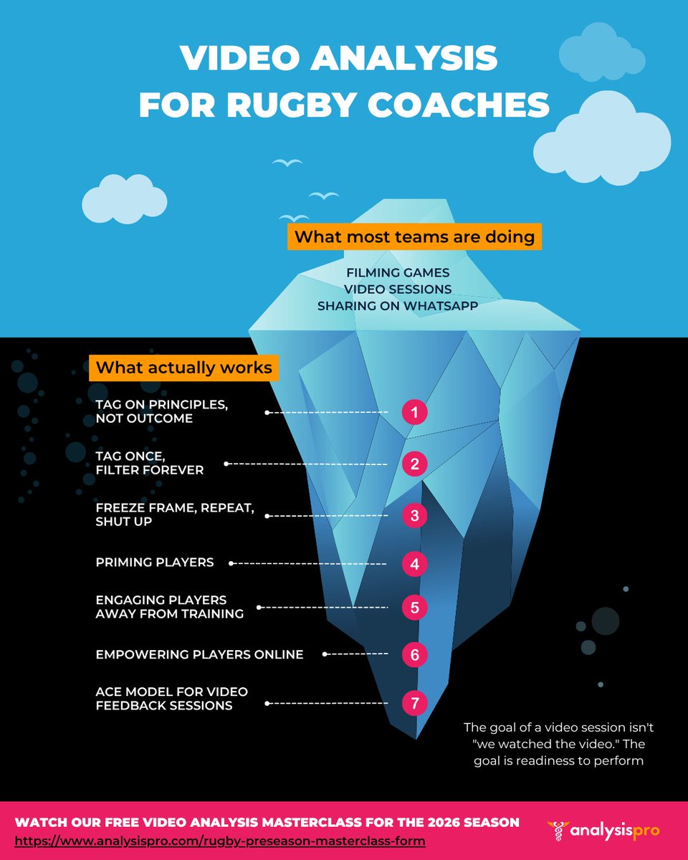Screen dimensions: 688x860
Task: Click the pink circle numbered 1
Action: tap(414, 412)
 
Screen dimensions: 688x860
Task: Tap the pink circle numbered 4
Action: tap(414, 563)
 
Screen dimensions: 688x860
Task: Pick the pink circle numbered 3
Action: tap(414, 515)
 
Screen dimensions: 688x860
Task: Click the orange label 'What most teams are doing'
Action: tap(414, 236)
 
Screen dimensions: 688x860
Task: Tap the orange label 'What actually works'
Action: tap(183, 367)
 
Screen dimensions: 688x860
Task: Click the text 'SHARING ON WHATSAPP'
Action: tap(397, 306)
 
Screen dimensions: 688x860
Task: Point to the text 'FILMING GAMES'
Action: tap(398, 272)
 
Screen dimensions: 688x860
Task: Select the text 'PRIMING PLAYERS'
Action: tap(155, 563)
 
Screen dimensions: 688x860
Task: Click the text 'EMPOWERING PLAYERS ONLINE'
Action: tap(199, 654)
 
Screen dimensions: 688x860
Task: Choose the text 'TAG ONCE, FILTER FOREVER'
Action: tap(150, 463)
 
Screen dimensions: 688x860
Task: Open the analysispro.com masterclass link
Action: tap(220, 841)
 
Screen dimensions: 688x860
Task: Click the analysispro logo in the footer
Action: tap(603, 831)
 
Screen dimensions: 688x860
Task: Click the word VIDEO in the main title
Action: tap(240, 57)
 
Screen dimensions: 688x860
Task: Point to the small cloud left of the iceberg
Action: tap(124, 199)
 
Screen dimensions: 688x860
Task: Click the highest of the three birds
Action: tap(287, 162)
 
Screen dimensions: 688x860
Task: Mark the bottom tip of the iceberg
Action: tap(416, 739)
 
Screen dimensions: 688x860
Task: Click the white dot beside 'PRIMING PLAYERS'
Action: tap(231, 563)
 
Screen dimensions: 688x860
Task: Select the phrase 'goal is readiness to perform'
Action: tap(558, 760)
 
